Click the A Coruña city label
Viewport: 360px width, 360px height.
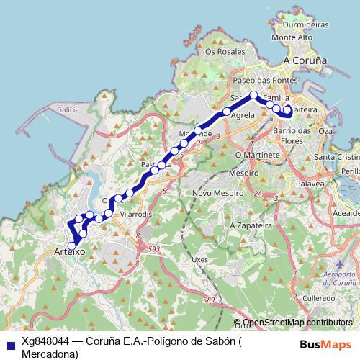(x=307, y=61)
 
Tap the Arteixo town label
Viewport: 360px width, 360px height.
(x=70, y=252)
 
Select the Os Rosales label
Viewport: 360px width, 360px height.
(x=220, y=52)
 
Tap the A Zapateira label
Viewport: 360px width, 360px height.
(x=248, y=225)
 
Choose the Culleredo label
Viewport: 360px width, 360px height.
(x=320, y=297)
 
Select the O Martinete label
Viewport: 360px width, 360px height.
(x=257, y=155)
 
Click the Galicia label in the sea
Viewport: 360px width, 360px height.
(x=67, y=109)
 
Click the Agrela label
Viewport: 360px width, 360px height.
(x=245, y=114)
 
